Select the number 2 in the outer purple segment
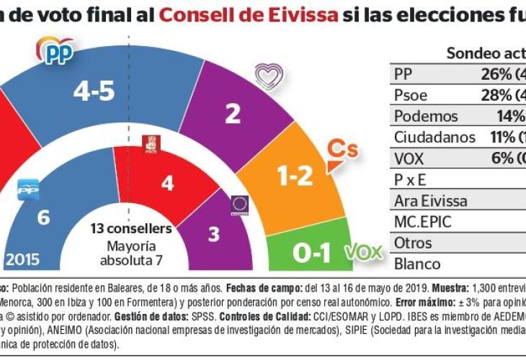232,114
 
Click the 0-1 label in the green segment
312,253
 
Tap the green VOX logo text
363,253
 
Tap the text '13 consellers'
130,229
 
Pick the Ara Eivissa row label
430,201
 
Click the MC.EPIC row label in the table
422,222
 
